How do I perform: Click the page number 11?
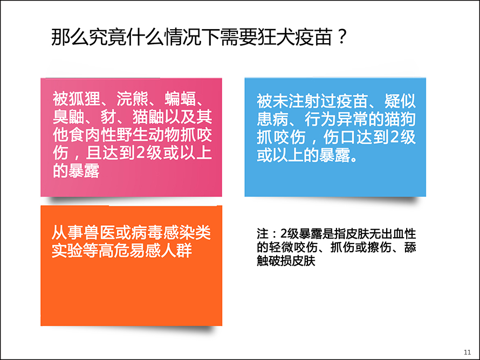[468, 352]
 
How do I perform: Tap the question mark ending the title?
[342, 37]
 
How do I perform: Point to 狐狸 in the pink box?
[85, 99]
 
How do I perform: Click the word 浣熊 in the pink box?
[133, 99]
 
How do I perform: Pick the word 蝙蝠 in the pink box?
[180, 99]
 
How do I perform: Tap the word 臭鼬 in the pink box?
[68, 116]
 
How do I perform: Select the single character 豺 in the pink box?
[108, 116]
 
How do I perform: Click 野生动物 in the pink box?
[148, 135]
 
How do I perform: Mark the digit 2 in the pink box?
[140, 153]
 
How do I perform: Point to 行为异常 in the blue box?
[337, 119]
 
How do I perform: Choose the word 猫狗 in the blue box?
[400, 119]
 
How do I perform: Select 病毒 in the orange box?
[147, 232]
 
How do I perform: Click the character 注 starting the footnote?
[263, 234]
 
